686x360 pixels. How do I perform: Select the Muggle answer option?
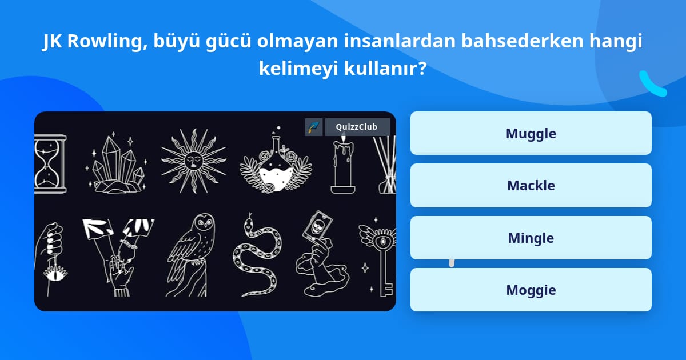(531, 133)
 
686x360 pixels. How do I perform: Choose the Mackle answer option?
(531, 186)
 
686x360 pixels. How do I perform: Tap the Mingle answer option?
(531, 238)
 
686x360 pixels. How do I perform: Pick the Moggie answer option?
(531, 290)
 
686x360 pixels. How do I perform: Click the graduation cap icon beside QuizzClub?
(314, 127)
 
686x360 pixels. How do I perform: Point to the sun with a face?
(194, 161)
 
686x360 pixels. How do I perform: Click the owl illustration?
(191, 255)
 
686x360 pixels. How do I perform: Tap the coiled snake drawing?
(257, 255)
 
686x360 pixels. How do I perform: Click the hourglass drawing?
(50, 164)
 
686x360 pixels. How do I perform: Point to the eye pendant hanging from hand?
(55, 273)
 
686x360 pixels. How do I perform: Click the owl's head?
(205, 222)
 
